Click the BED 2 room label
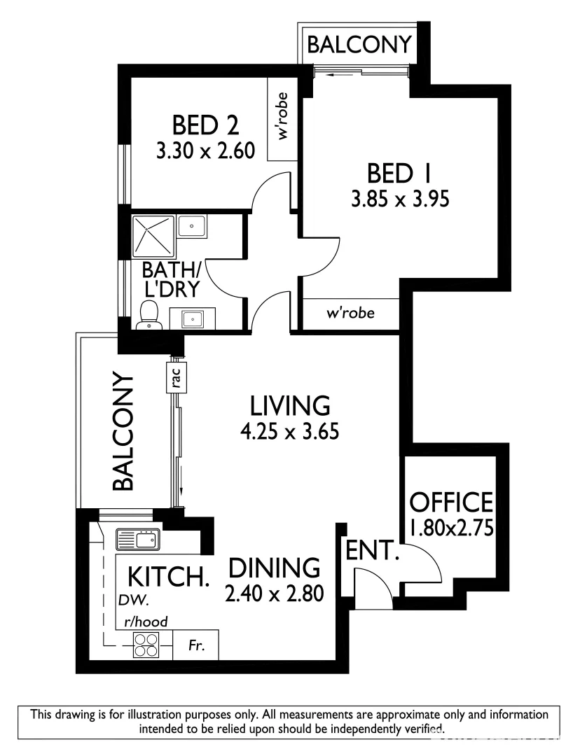coord(205,125)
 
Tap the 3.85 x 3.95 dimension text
coord(399,199)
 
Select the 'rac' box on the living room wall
coord(177,378)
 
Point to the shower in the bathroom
coord(153,236)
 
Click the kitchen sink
coord(138,540)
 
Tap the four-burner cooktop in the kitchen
coord(146,645)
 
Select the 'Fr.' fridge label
coord(197,646)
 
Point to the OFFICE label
coord(451,503)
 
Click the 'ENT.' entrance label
coord(372,551)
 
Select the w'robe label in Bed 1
coord(350,313)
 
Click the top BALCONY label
coord(359,45)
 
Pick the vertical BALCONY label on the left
coord(123,431)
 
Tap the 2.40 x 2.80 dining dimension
coord(274,594)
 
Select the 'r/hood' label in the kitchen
coord(146,621)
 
